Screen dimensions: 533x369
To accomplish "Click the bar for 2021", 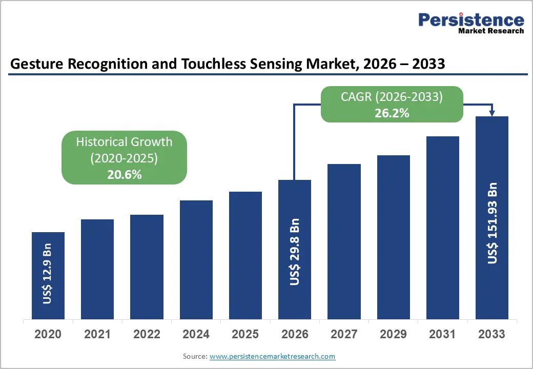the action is [x=97, y=269].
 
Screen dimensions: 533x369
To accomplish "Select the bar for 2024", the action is [x=196, y=260].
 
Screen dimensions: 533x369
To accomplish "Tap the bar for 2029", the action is [x=393, y=237].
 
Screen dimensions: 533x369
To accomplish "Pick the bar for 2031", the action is [x=443, y=228].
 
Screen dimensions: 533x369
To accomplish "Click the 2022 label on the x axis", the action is [x=147, y=334].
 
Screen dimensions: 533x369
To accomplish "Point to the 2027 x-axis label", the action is [x=344, y=334].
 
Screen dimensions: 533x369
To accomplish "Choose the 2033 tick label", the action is [x=491, y=334].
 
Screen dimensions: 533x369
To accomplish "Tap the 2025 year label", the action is [x=245, y=334].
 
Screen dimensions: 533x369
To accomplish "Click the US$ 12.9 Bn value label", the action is [x=47, y=274].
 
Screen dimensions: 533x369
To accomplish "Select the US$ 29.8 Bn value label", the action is [x=294, y=252].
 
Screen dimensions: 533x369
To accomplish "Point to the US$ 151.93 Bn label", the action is [x=492, y=223].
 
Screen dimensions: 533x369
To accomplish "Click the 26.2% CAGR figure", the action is [x=392, y=113].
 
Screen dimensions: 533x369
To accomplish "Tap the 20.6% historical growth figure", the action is [x=125, y=175].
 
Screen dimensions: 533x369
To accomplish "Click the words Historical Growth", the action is [x=124, y=141].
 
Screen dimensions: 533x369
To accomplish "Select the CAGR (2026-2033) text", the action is [x=392, y=97].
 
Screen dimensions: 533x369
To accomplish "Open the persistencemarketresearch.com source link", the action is [x=272, y=356].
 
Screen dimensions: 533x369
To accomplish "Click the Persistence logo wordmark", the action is [x=471, y=20].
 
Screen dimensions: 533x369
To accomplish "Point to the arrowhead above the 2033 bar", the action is [x=492, y=113].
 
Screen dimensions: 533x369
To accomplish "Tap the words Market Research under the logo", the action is [x=491, y=31].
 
